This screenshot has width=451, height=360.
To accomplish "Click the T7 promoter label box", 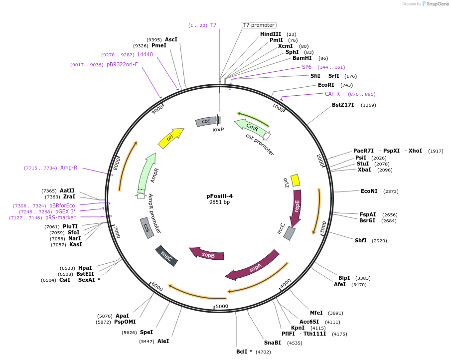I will tap(259, 25).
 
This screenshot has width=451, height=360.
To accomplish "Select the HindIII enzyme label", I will tap(271, 34).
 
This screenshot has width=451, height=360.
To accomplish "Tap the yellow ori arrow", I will tap(170, 138).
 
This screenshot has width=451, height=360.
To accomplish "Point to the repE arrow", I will tap(297, 207).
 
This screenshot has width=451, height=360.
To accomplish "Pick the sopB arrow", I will tap(207, 254).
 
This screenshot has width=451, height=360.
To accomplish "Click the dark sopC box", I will tap(166, 256).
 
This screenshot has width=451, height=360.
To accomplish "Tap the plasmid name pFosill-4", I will tap(219, 196).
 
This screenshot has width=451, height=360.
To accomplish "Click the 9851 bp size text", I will tap(219, 202).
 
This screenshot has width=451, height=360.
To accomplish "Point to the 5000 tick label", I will tap(222, 306).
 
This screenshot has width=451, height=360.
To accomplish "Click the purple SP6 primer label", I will tap(306, 67).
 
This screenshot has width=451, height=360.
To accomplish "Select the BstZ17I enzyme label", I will tap(343, 105).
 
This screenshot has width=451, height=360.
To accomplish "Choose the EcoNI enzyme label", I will tap(369, 191).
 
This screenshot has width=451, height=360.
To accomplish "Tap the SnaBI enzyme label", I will tap(273, 343).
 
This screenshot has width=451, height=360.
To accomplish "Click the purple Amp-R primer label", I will tap(69, 168).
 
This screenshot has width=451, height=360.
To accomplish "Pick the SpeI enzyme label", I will tap(146, 332).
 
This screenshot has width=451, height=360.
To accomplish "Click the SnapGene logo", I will tap(435, 4).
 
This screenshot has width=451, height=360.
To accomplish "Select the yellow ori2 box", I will tap(295, 180).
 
